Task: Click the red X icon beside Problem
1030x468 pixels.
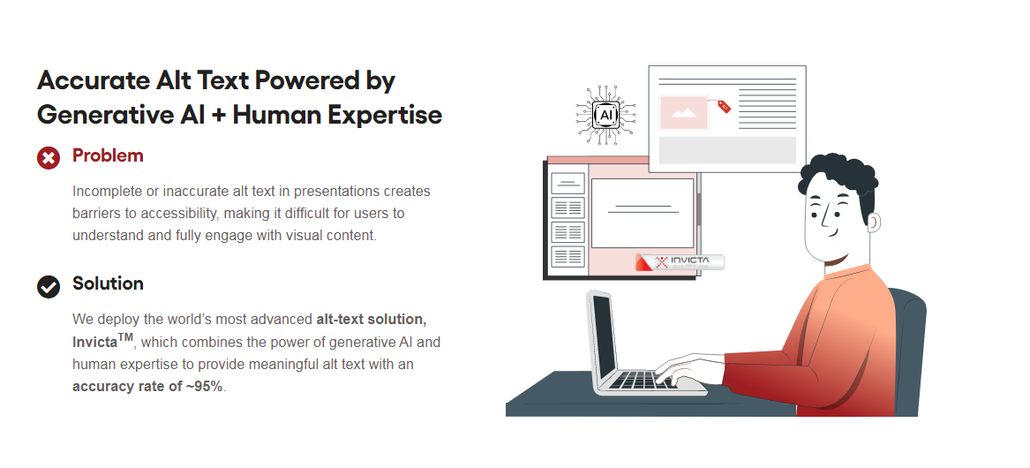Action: coord(49,158)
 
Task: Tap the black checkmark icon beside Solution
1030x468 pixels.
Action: coord(49,287)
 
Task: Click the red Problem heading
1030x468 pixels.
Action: coord(108,155)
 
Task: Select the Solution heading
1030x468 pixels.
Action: coord(108,283)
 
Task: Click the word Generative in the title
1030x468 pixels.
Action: coord(105,115)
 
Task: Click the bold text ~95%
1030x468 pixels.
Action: coord(204,387)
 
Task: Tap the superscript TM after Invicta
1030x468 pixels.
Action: coord(125,338)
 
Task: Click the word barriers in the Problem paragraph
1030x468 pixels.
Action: coord(94,213)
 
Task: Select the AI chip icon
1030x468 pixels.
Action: coord(605,115)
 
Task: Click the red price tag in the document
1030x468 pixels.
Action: coord(723,107)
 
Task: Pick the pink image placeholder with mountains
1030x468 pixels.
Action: coord(684,112)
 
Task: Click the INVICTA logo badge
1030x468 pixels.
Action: coord(680,262)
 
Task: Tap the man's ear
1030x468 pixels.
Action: coord(872,223)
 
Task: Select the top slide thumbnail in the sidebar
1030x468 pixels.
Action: coord(568,184)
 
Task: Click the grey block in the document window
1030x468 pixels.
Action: coord(727,150)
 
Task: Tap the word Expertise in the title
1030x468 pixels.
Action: coord(385,115)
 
